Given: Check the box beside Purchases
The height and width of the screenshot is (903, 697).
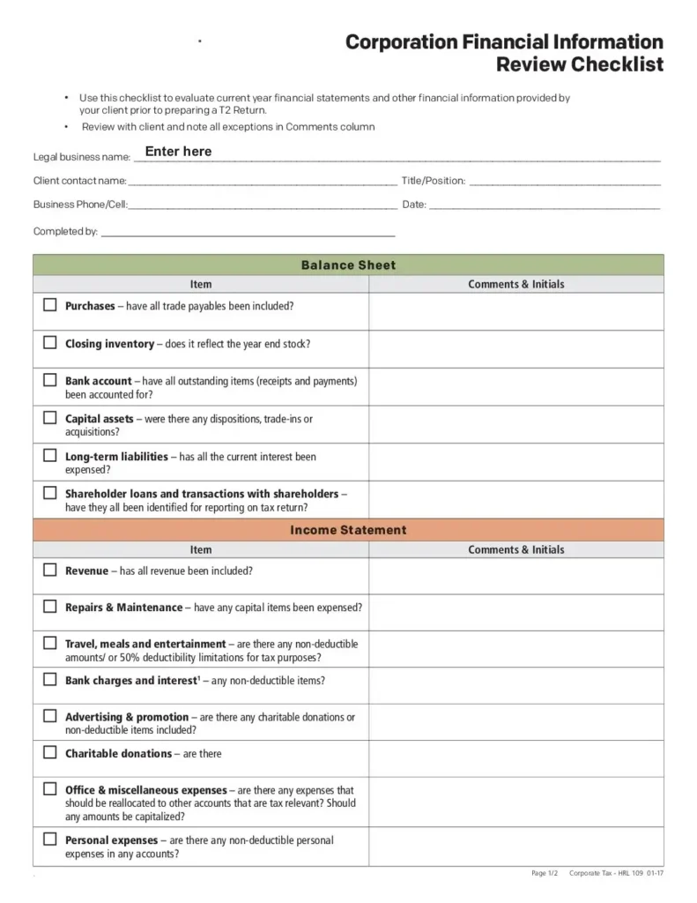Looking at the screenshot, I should tap(50, 305).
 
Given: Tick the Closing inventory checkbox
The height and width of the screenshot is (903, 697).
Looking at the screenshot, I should tap(50, 342).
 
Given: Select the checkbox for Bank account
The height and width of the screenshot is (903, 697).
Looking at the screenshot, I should tap(50, 380).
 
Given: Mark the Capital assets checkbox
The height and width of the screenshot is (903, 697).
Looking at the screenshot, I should tap(50, 418).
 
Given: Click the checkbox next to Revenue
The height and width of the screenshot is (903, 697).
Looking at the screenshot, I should tap(50, 570).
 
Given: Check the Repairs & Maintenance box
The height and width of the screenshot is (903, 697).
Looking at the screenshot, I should tap(50, 607).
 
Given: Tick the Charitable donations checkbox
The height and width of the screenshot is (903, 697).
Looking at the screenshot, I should tap(50, 753).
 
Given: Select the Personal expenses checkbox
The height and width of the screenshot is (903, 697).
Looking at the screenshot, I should tap(50, 840).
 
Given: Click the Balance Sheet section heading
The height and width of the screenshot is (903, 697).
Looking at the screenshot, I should tap(348, 265).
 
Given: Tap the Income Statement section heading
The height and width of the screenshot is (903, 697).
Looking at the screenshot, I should tap(348, 530).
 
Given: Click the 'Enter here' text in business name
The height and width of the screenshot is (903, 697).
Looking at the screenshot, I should tap(178, 152).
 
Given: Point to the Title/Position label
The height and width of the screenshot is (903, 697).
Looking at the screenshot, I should tap(434, 181).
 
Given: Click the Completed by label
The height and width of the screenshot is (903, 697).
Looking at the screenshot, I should tap(65, 232).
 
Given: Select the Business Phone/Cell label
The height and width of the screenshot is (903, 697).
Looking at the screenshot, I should tap(80, 205).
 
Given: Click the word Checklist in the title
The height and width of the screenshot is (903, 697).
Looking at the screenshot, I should tap(617, 64).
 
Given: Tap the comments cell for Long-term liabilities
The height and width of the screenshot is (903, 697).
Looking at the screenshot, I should tap(515, 462).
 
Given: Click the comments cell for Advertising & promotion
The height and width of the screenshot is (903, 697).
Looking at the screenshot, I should tap(515, 722).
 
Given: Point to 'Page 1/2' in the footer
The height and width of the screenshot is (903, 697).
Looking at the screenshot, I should tap(545, 873).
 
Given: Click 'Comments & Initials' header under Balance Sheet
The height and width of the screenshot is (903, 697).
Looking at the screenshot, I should tap(515, 284).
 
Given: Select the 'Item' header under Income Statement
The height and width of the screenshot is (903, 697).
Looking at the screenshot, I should tap(201, 549).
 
